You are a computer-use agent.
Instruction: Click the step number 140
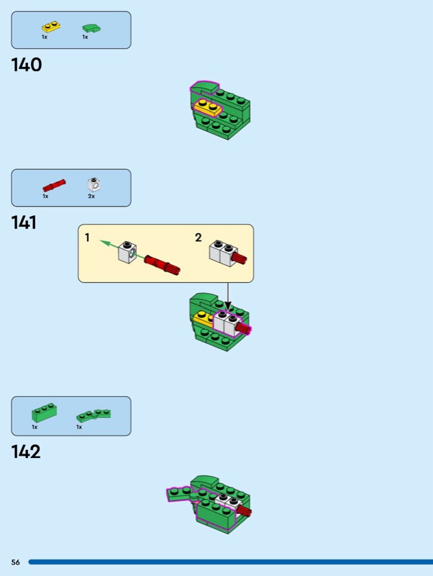[27, 65]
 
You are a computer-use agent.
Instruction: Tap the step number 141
[24, 222]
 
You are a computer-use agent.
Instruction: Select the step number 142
[26, 451]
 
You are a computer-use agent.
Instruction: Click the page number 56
[15, 562]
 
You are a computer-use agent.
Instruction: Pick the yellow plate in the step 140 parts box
[51, 27]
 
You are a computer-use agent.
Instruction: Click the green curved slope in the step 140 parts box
[91, 28]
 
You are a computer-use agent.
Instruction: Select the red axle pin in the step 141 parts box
[54, 186]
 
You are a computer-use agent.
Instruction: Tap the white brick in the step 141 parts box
[94, 184]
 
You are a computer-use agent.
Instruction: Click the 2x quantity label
[91, 196]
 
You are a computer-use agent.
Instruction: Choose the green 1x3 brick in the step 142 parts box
[44, 413]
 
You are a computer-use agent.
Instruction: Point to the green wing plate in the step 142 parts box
[94, 415]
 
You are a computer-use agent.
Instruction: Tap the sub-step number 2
[198, 238]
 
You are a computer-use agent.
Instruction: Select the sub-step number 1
[87, 238]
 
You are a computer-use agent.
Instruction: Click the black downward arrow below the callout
[228, 297]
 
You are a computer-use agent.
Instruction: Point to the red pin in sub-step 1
[162, 265]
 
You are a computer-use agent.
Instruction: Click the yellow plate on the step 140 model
[208, 107]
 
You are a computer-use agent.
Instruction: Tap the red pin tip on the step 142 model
[245, 510]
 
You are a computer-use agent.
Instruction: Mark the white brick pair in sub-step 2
[223, 252]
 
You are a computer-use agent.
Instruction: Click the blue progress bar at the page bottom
[230, 562]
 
